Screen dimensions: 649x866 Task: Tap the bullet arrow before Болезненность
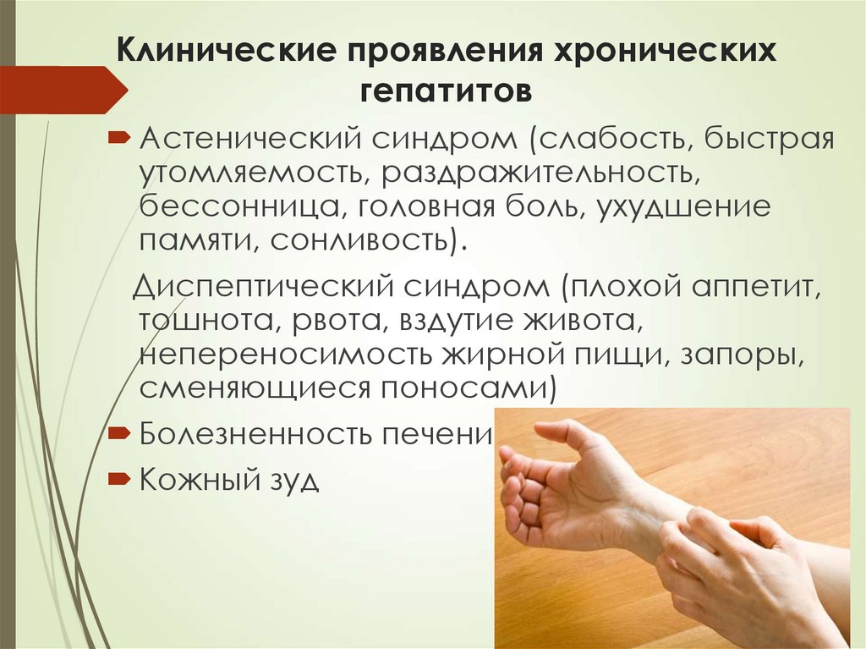point(118,433)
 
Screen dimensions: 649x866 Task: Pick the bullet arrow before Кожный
point(118,479)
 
